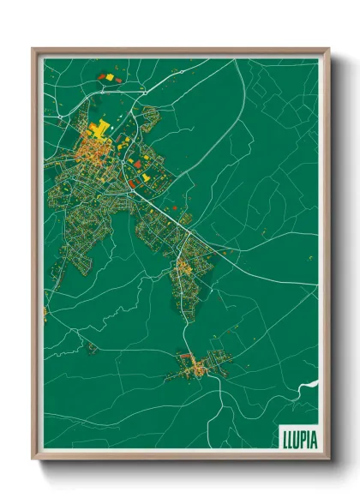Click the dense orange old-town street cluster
click(88, 154)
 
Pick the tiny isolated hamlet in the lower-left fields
click(90, 347)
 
